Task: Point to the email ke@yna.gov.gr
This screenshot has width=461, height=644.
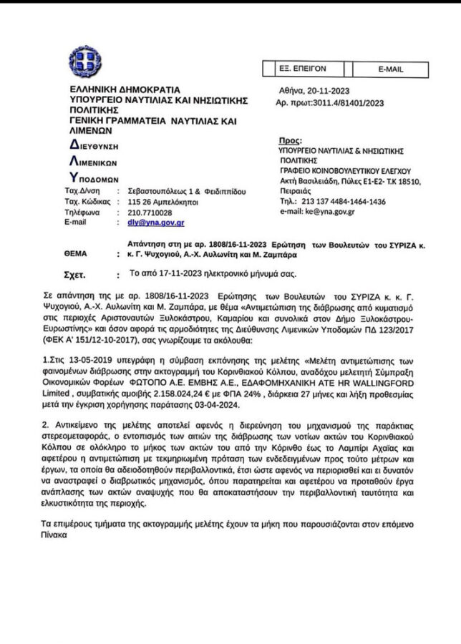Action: pyautogui.click(x=334, y=212)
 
